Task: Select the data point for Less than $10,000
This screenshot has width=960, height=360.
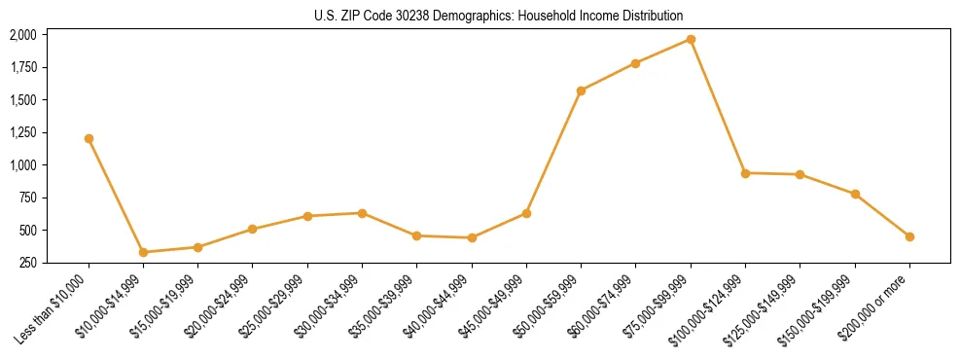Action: click(89, 138)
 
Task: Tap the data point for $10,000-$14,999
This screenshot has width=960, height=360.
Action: click(143, 252)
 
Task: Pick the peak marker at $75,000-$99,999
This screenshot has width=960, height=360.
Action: click(691, 39)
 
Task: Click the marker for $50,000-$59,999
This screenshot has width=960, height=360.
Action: click(581, 90)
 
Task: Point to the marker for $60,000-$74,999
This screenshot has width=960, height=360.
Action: click(635, 63)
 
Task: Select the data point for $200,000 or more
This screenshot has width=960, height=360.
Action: click(909, 236)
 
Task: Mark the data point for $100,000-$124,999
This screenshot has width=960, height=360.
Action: click(745, 173)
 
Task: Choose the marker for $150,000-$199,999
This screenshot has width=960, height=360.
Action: click(855, 194)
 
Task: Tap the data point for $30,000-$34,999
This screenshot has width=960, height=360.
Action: click(362, 213)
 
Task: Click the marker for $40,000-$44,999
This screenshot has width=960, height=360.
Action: click(472, 237)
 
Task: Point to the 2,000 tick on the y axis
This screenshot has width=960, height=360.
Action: click(22, 35)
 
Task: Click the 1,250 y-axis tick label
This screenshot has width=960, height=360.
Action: click(22, 132)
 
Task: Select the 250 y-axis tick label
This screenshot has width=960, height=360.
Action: click(28, 263)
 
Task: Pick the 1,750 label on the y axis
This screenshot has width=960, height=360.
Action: click(22, 67)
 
